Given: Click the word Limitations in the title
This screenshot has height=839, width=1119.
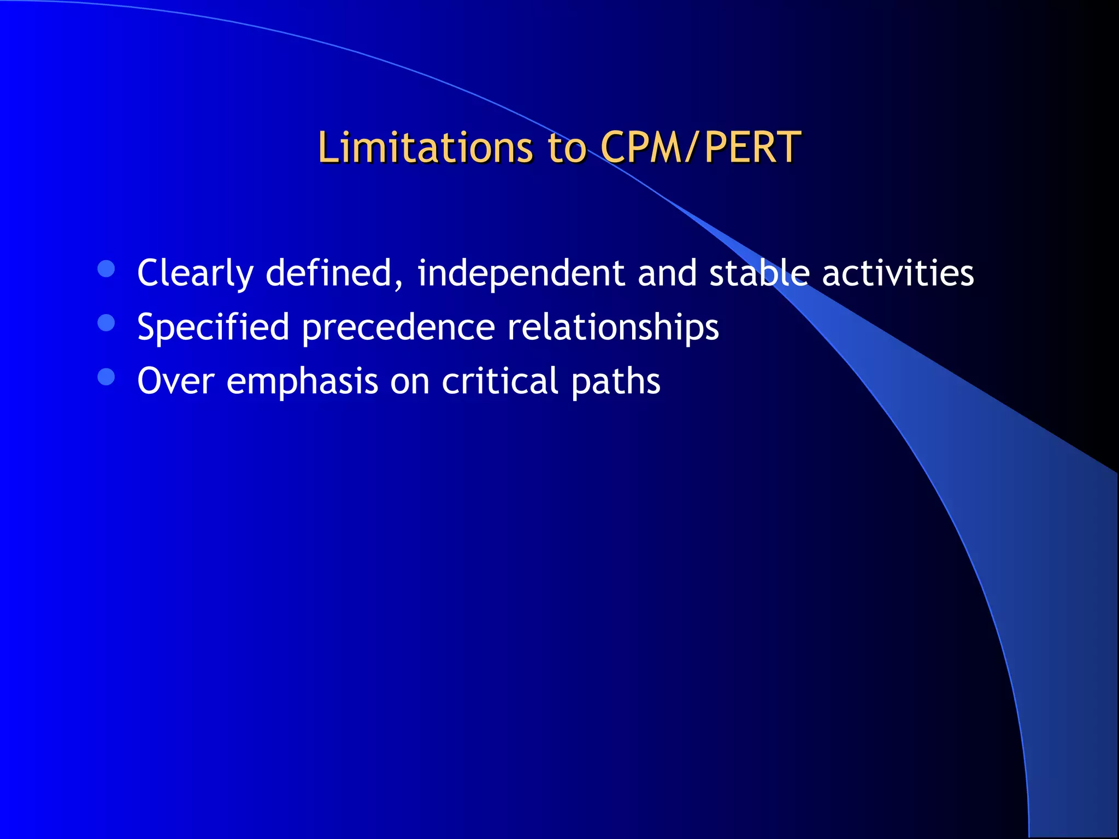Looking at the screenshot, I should (x=425, y=147).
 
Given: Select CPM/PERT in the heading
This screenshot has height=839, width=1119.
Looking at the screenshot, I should (x=700, y=147).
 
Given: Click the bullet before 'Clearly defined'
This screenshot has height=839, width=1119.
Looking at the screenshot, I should (x=106, y=269).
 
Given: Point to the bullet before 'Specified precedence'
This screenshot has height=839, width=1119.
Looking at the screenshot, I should (x=106, y=323).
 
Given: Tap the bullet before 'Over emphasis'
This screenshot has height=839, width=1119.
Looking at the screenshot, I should (x=106, y=377).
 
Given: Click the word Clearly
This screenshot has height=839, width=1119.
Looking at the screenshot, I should (x=195, y=273).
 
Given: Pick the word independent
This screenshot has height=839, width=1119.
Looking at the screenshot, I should (x=521, y=273).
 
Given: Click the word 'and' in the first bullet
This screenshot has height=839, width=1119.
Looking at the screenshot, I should (x=667, y=273).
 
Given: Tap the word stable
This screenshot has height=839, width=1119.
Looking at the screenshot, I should (x=759, y=273).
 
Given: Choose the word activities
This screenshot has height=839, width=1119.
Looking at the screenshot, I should (x=898, y=273).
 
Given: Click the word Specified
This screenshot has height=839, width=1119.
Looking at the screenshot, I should (x=213, y=327).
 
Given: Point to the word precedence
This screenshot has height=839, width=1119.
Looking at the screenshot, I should (x=398, y=327).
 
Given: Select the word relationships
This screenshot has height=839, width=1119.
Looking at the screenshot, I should (x=612, y=327).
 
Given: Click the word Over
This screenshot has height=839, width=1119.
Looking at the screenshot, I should (x=175, y=381).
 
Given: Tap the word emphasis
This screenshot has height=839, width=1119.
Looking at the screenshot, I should (x=302, y=381).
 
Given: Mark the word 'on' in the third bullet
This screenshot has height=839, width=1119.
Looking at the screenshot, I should (x=410, y=381).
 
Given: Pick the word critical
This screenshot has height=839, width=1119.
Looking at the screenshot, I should (x=500, y=381).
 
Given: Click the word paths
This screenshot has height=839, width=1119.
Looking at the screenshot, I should (x=616, y=381).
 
